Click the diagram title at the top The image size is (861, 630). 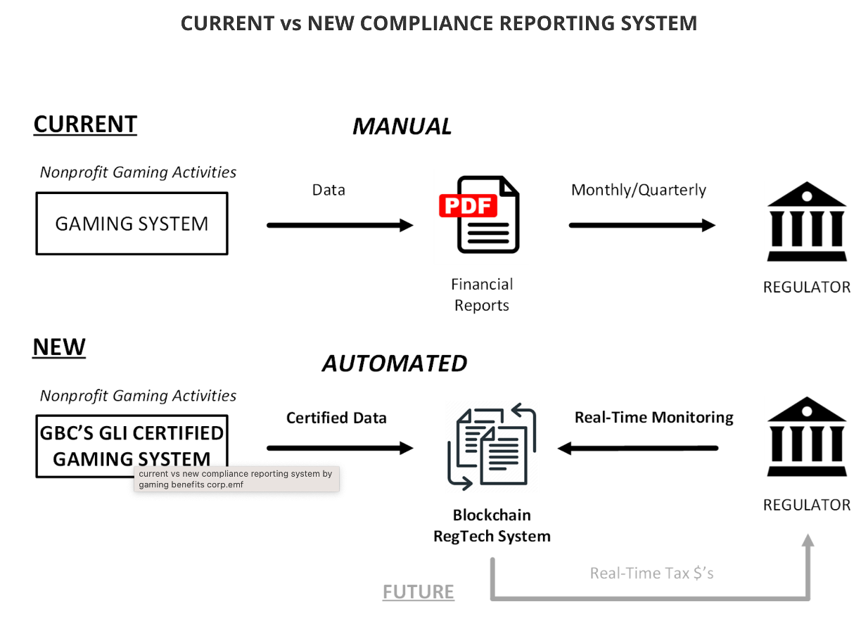point(439,23)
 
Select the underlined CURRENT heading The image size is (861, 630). point(85,124)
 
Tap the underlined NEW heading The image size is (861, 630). point(59,347)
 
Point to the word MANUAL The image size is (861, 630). point(402,127)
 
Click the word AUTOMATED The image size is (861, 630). point(395,364)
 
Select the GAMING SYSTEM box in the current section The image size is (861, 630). point(132,224)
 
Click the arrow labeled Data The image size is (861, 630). point(340,225)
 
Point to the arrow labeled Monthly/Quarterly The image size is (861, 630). point(642,225)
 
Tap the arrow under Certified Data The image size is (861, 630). point(340,448)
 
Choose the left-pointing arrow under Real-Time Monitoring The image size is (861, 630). point(637,448)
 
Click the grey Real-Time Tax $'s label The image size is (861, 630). point(651,573)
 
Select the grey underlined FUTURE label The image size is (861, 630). point(419,592)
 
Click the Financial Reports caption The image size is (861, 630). point(482,295)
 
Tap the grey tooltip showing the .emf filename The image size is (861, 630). point(236,479)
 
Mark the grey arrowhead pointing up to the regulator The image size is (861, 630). point(808,541)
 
